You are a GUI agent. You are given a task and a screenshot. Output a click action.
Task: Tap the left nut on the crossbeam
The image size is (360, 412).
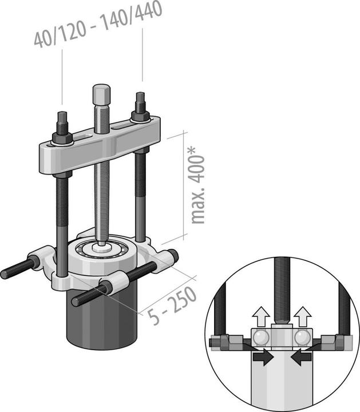[x=61, y=137]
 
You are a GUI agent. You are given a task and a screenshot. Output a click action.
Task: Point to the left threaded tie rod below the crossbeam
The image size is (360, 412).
[x=62, y=217]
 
